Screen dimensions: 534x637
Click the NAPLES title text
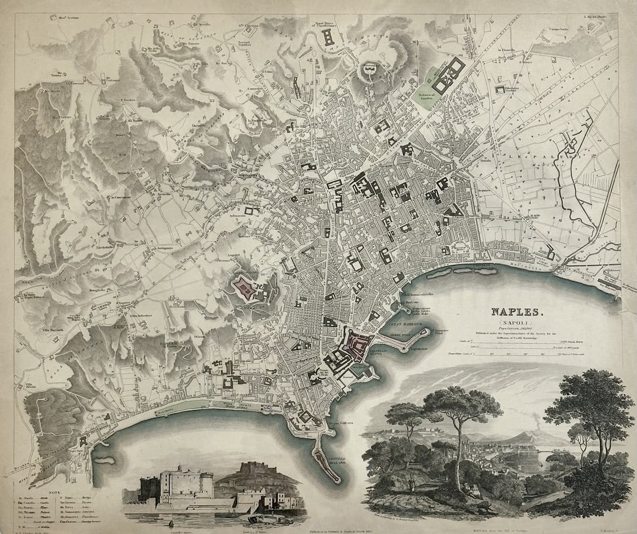click(x=518, y=312)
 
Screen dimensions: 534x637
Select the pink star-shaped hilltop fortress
click(x=246, y=287)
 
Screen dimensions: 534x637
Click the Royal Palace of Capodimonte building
click(x=330, y=38)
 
